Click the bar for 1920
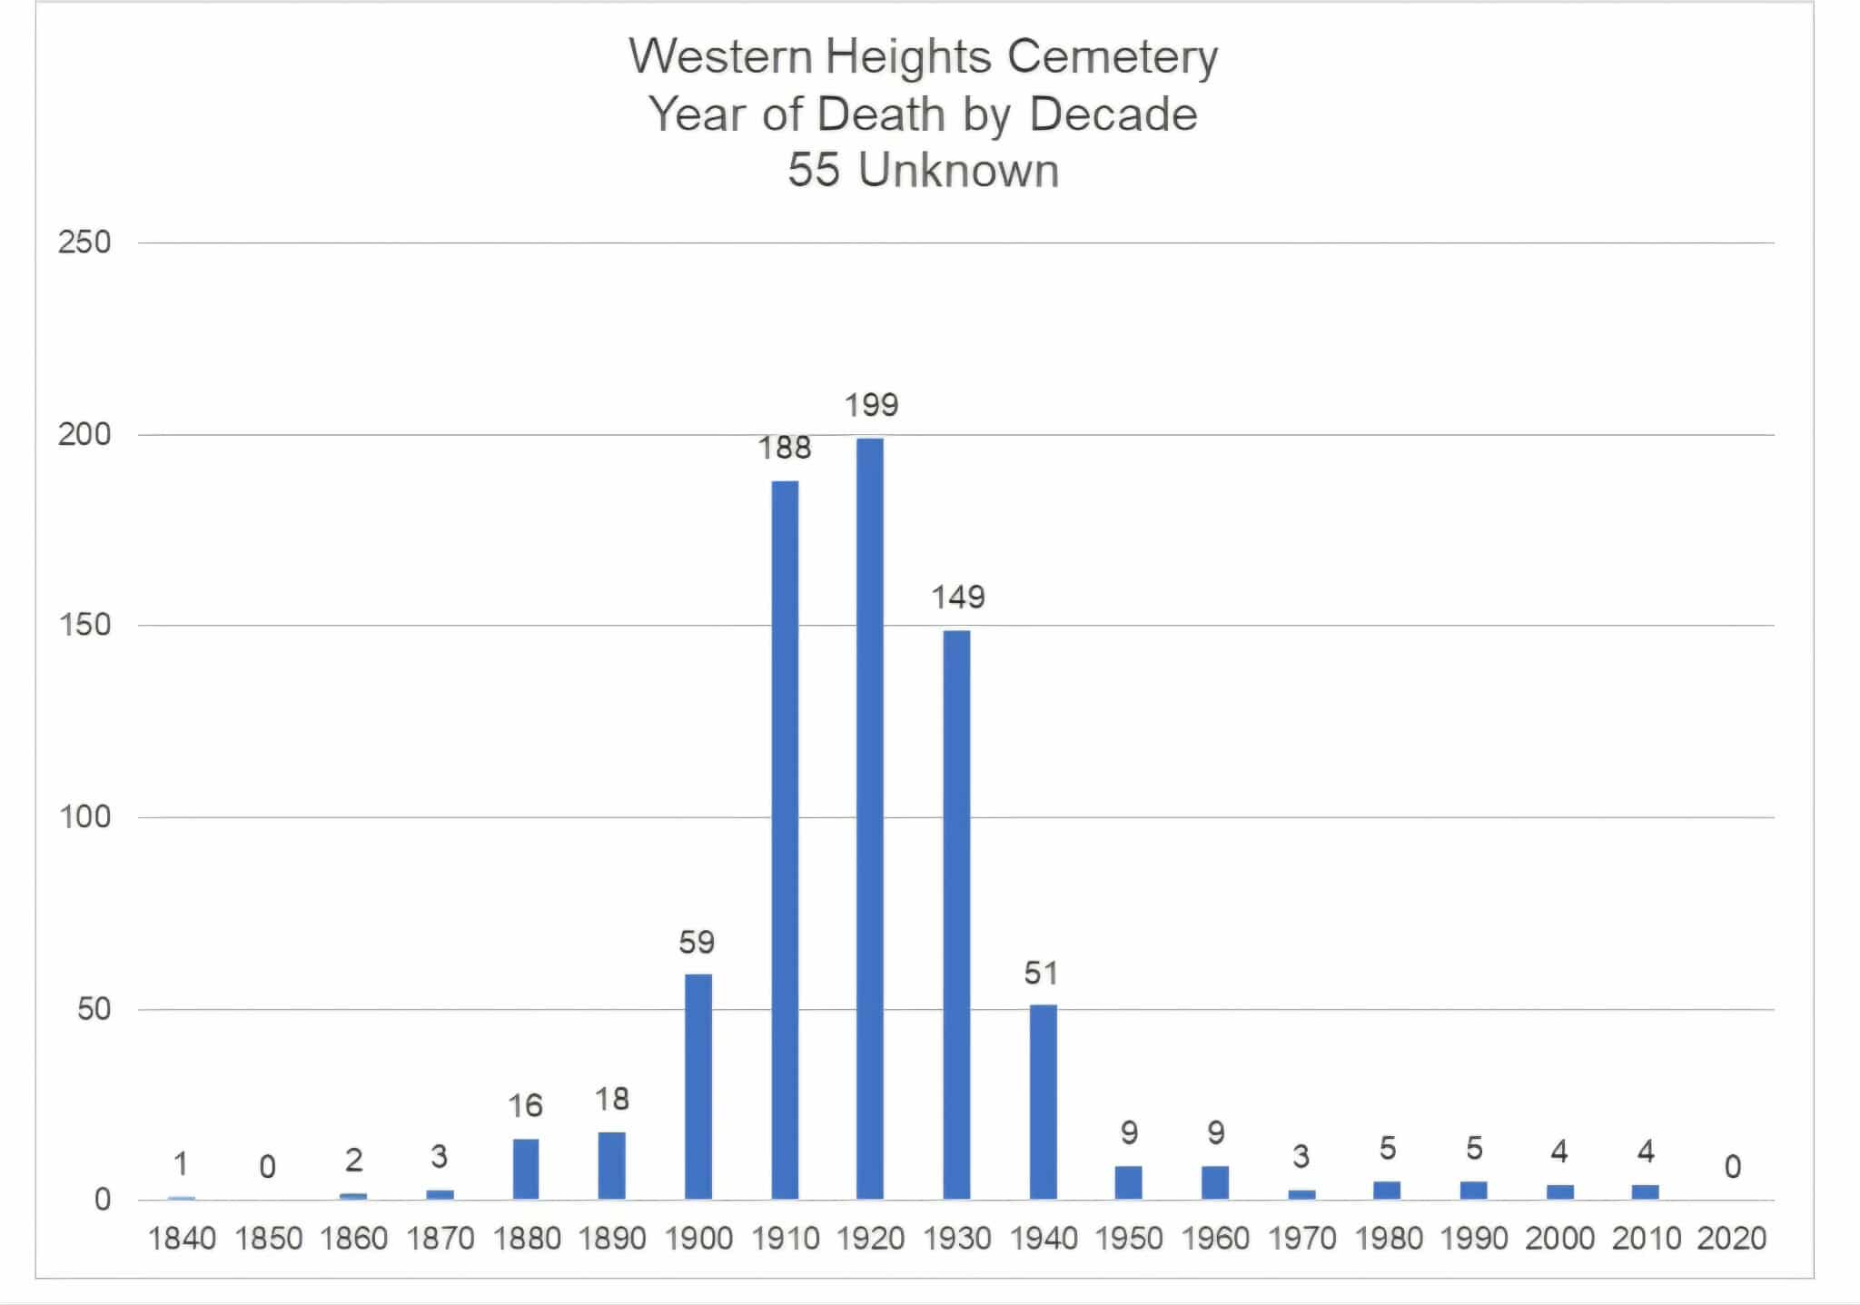click(869, 817)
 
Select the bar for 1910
click(785, 840)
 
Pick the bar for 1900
click(697, 1086)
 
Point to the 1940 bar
click(1043, 1102)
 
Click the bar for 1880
click(525, 1169)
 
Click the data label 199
click(871, 405)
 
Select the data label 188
click(785, 448)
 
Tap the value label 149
click(957, 598)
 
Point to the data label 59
click(697, 943)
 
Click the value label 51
click(1041, 974)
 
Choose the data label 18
click(611, 1100)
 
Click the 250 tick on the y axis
click(84, 242)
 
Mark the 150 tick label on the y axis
click(84, 625)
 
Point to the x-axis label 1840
click(182, 1239)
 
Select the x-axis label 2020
click(1731, 1239)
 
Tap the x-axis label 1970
click(1301, 1239)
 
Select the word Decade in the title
click(1113, 114)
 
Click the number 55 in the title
click(814, 170)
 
